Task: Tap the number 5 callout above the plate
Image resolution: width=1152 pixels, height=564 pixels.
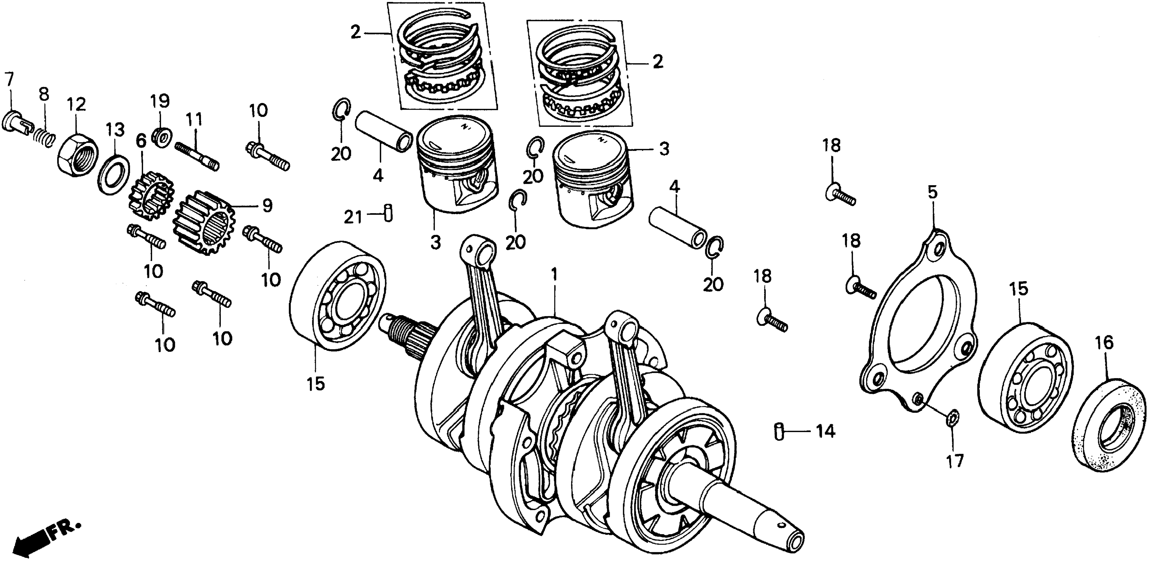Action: [x=933, y=193]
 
